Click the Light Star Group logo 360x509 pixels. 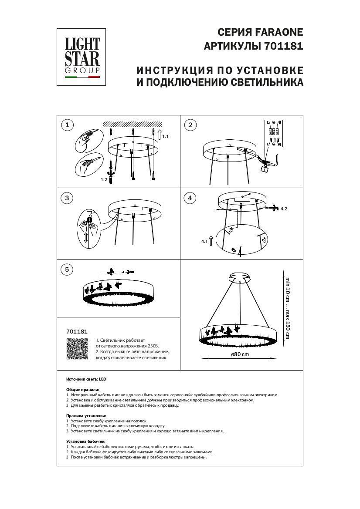(x=82, y=57)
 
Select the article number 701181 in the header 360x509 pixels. (x=284, y=46)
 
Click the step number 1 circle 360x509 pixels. (x=67, y=125)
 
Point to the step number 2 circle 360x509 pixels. (x=190, y=125)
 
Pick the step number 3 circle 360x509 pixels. (x=67, y=198)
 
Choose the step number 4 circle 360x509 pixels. (x=190, y=198)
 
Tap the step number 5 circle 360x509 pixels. (x=67, y=270)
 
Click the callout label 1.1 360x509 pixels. (x=165, y=137)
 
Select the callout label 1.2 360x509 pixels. (x=104, y=179)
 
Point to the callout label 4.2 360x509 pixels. (x=284, y=209)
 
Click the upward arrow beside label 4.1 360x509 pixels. (x=211, y=240)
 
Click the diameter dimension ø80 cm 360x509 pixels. (x=240, y=354)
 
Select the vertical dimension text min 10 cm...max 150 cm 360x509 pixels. (x=287, y=308)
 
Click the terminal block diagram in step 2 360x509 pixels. (x=273, y=133)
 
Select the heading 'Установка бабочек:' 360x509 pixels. (x=86, y=442)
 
